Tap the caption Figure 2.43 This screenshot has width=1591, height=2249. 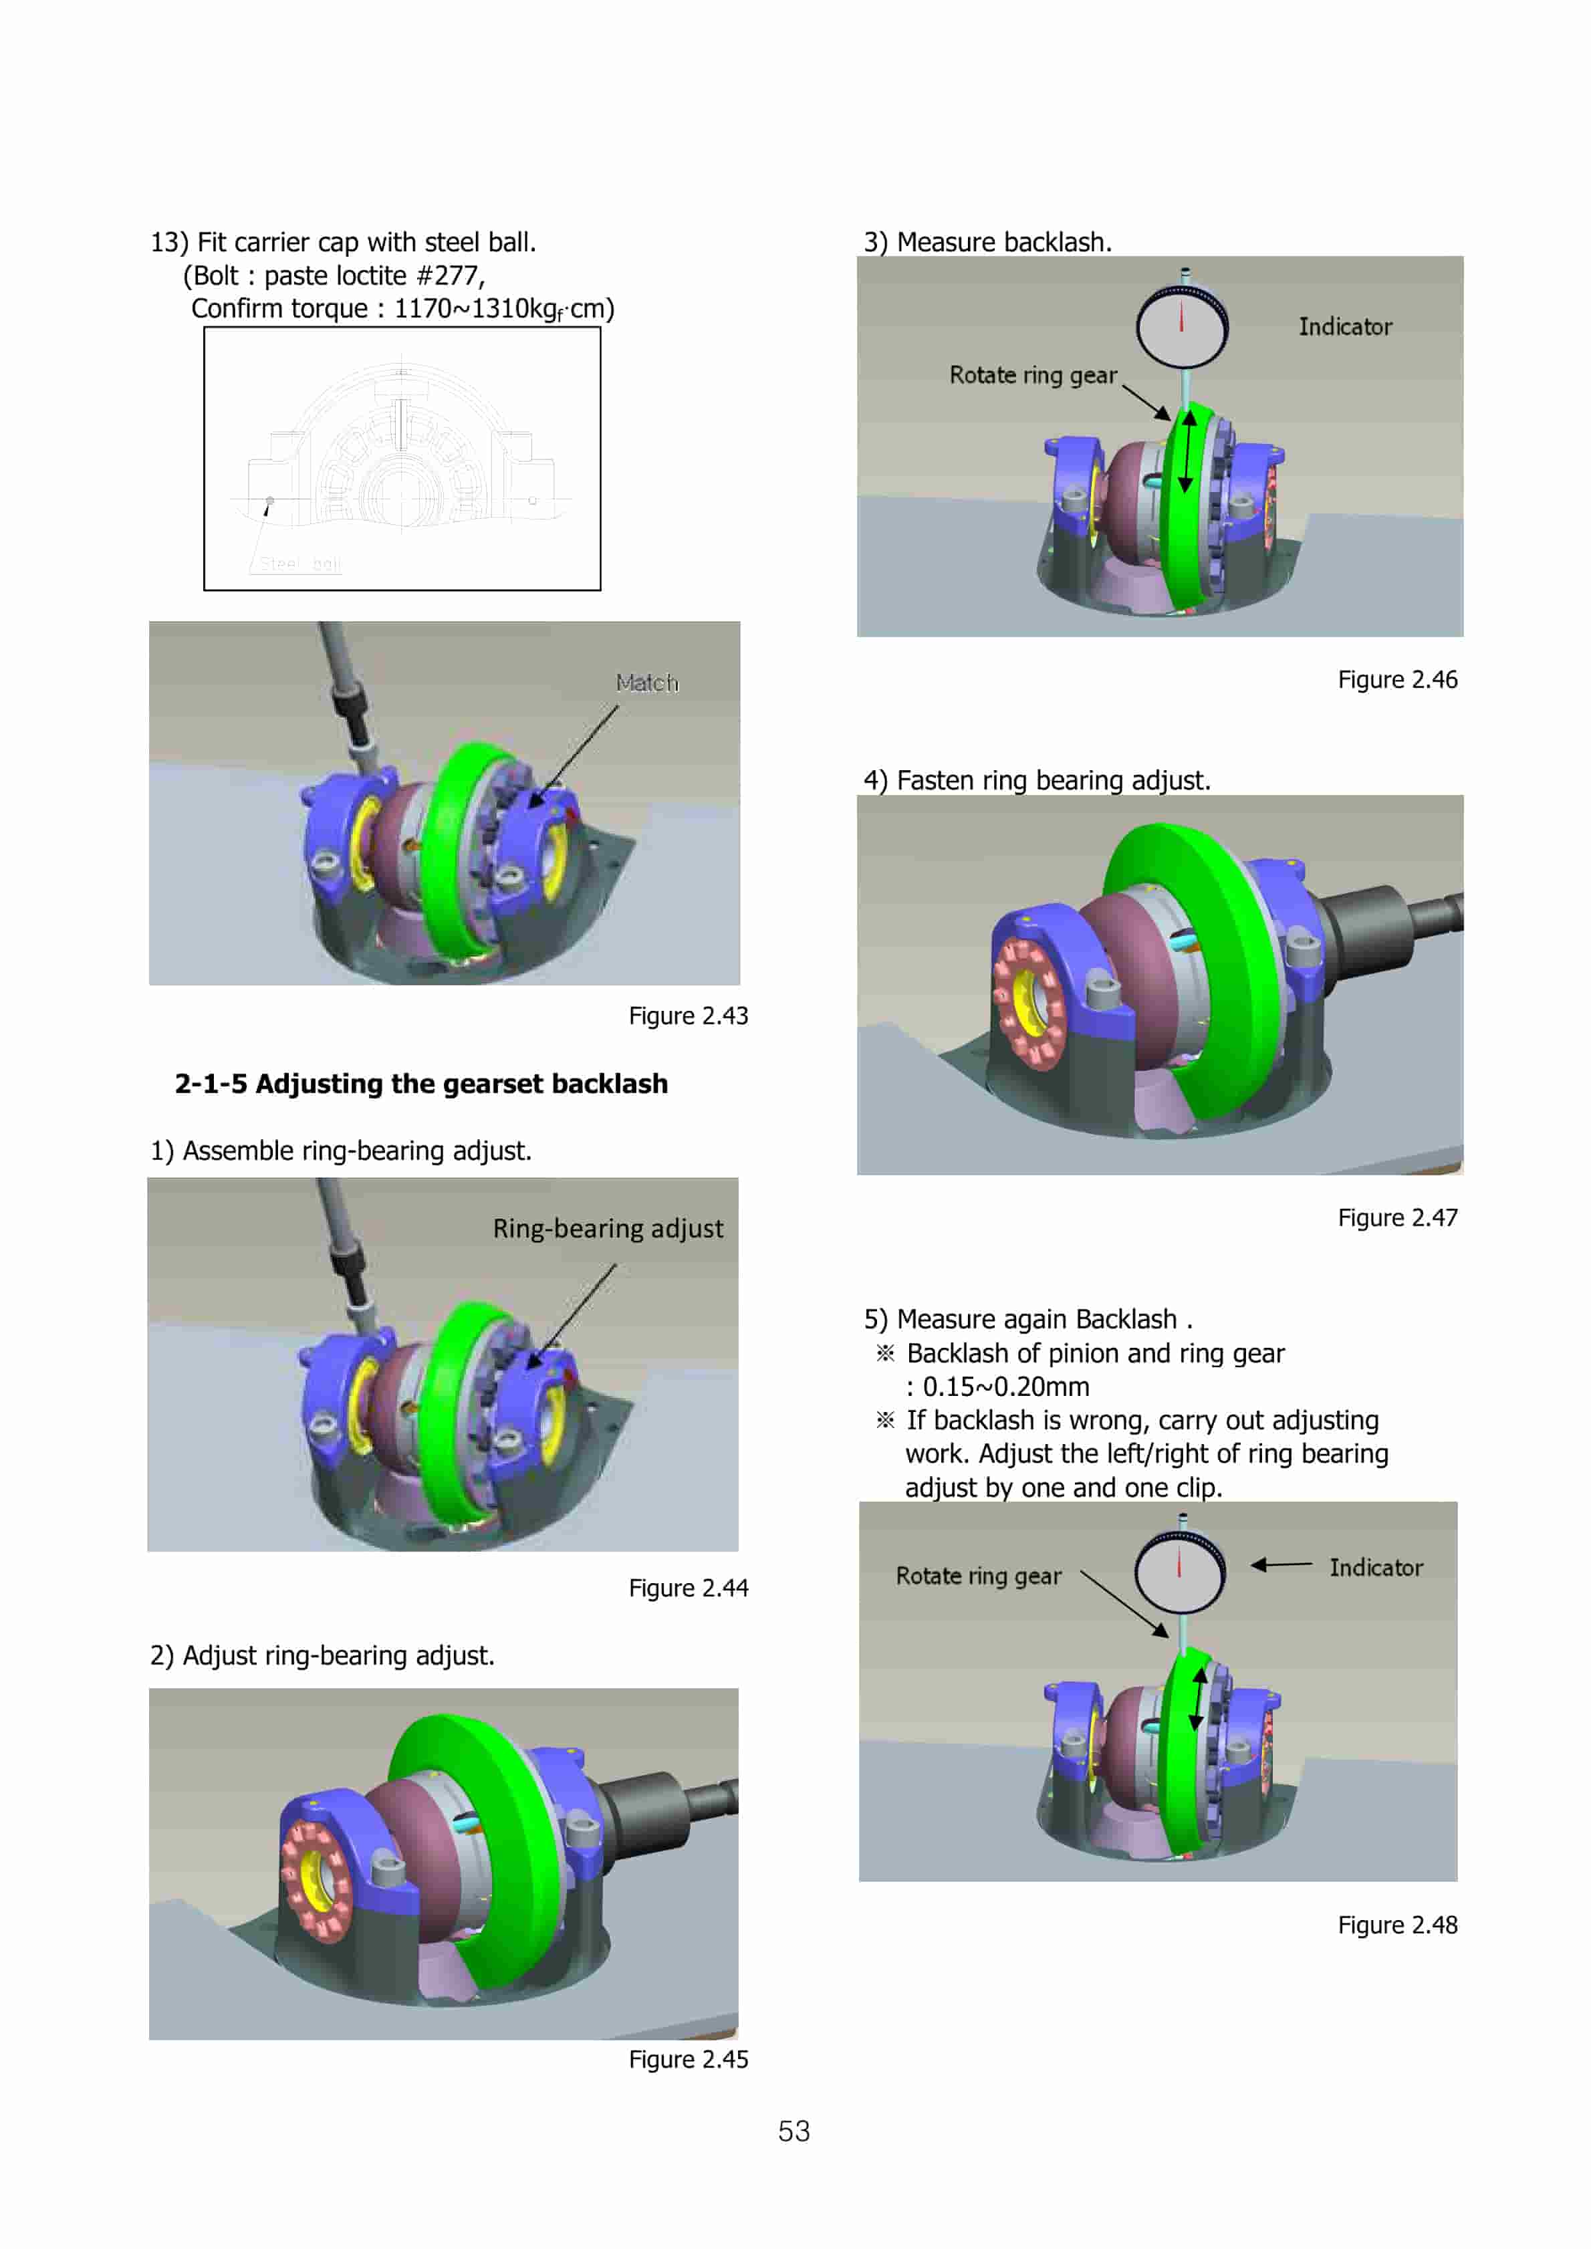pos(688,1016)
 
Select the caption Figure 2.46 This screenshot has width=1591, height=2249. pos(1397,680)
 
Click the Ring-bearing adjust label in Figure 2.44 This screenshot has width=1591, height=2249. pos(608,1228)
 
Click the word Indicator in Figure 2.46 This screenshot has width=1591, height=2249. pos(1345,327)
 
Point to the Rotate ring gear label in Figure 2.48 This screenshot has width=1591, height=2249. pos(978,1576)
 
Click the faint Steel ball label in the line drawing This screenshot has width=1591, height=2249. pos(299,564)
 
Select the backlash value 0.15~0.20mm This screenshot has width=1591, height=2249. pos(1005,1387)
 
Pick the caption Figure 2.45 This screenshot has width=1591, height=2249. pos(688,2059)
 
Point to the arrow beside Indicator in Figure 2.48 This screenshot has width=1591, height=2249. pos(1280,1564)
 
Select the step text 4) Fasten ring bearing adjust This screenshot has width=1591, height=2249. pos(1037,781)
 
